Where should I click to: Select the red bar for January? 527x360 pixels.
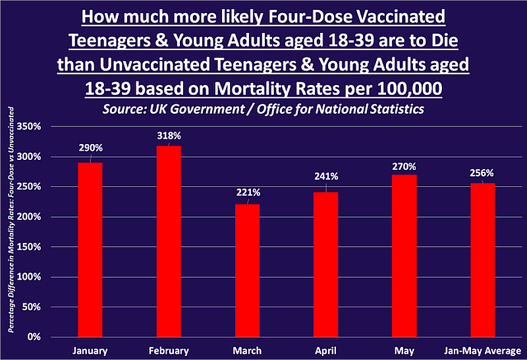click(x=90, y=249)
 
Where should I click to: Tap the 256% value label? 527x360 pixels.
click(x=483, y=173)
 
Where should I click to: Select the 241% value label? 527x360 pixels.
click(x=326, y=176)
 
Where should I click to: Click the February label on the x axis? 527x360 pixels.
click(x=169, y=351)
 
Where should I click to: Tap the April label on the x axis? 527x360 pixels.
click(x=326, y=351)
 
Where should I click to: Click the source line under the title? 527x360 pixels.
click(x=263, y=109)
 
